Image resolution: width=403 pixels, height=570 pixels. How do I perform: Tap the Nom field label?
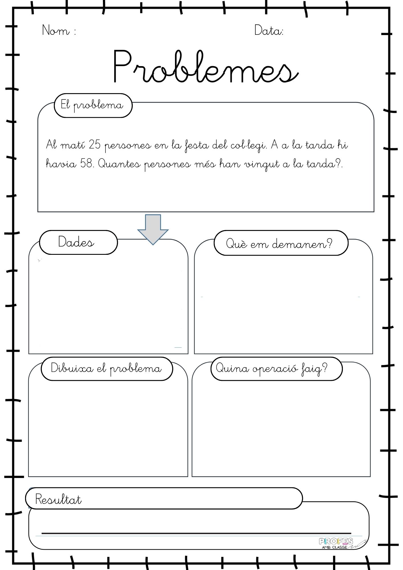pyautogui.click(x=59, y=30)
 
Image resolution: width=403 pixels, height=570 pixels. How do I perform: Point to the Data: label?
pyautogui.click(x=269, y=30)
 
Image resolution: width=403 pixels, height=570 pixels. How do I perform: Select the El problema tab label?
pyautogui.click(x=92, y=106)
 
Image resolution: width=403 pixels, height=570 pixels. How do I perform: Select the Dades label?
pyautogui.click(x=76, y=242)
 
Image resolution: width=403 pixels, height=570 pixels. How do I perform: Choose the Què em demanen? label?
pyautogui.click(x=279, y=243)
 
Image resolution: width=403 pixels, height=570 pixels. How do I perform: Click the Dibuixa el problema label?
pyautogui.click(x=106, y=369)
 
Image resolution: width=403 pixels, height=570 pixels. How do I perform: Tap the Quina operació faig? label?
pyautogui.click(x=272, y=369)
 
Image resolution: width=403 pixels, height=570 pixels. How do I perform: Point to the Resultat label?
pyautogui.click(x=58, y=499)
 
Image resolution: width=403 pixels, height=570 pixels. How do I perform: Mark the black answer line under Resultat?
pyautogui.click(x=196, y=533)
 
